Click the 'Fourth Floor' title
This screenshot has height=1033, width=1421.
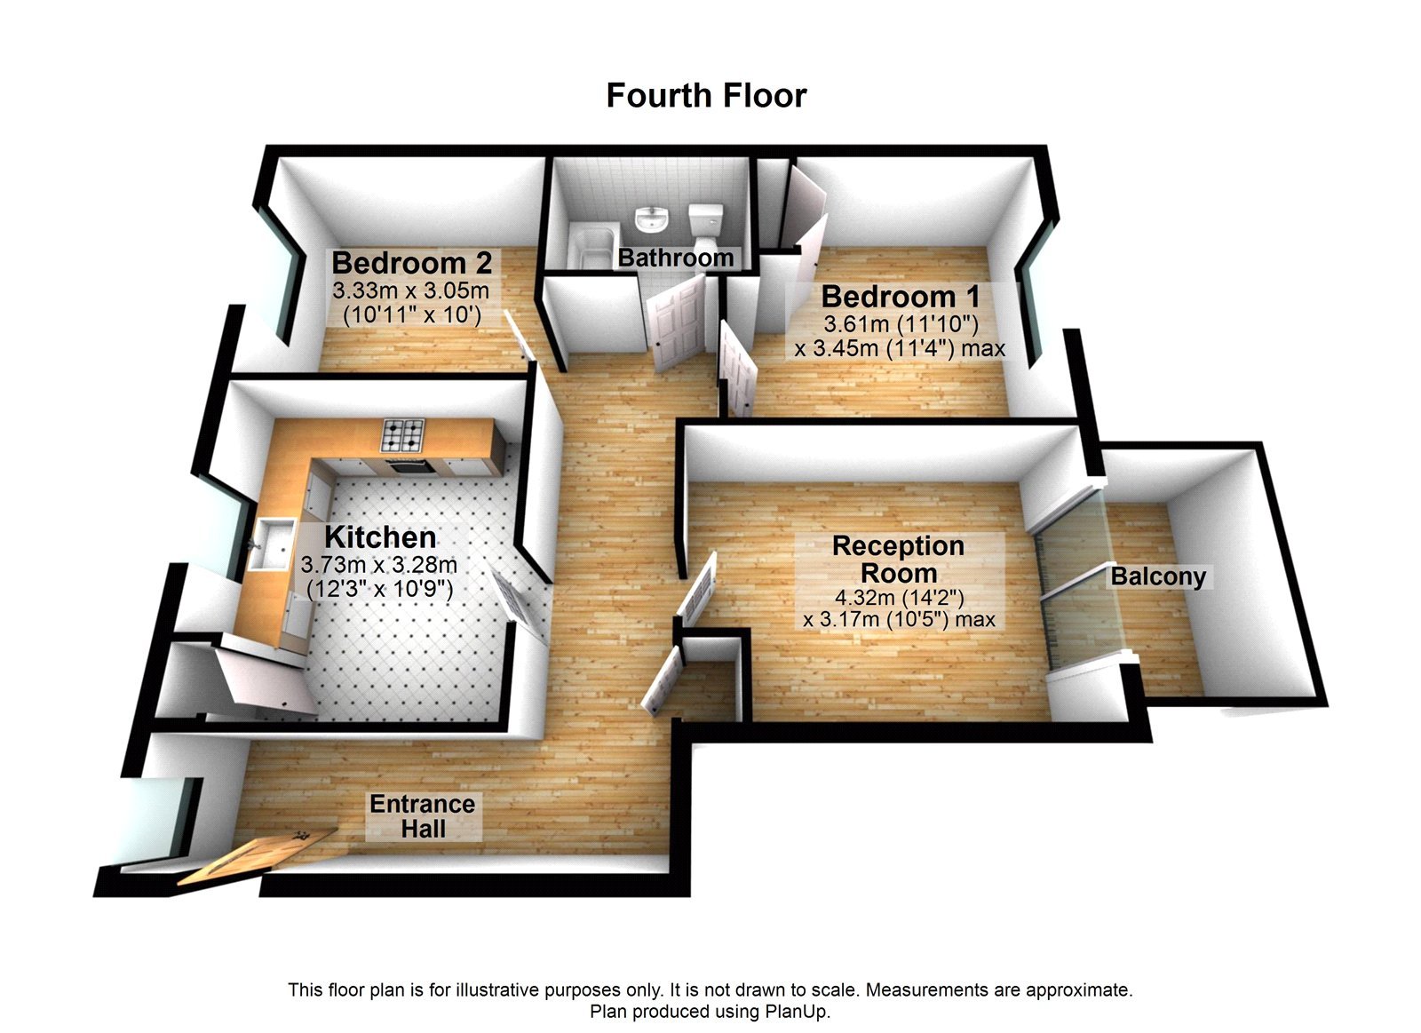(706, 96)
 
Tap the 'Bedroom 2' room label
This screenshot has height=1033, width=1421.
(411, 263)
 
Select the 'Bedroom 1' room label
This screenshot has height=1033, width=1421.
(900, 296)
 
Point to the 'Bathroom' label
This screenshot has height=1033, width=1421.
(676, 258)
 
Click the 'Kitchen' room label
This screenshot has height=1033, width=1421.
(380, 537)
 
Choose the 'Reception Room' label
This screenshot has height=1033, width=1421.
(898, 560)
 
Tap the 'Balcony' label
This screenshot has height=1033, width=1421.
(1158, 576)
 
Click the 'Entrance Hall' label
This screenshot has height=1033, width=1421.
(423, 816)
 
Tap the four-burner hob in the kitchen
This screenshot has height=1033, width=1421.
(403, 434)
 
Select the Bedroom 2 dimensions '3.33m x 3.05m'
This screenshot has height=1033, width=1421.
(411, 290)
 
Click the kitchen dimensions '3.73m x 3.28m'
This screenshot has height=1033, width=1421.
(379, 565)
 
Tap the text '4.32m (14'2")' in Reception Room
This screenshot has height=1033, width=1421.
(899, 598)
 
